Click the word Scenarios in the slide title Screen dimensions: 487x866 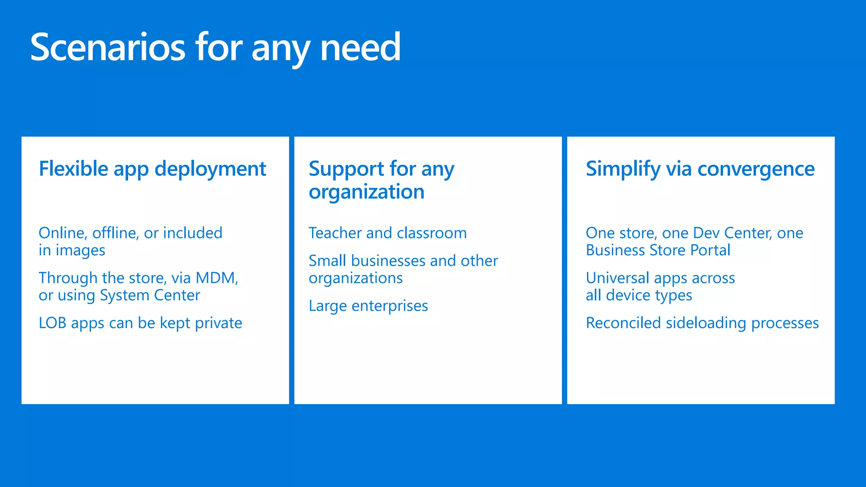pyautogui.click(x=108, y=47)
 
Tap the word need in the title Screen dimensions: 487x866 pyautogui.click(x=360, y=47)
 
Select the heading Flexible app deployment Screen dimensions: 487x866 pyautogui.click(x=152, y=169)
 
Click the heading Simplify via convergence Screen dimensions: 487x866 pyautogui.click(x=700, y=169)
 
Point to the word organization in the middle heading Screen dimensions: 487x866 pyautogui.click(x=366, y=192)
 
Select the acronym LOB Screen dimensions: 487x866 pyautogui.click(x=52, y=323)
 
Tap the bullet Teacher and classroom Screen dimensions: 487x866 pyautogui.click(x=387, y=233)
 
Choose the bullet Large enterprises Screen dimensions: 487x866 pyautogui.click(x=368, y=306)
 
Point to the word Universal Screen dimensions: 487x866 pyautogui.click(x=617, y=278)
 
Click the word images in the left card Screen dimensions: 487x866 pyautogui.click(x=80, y=250)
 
